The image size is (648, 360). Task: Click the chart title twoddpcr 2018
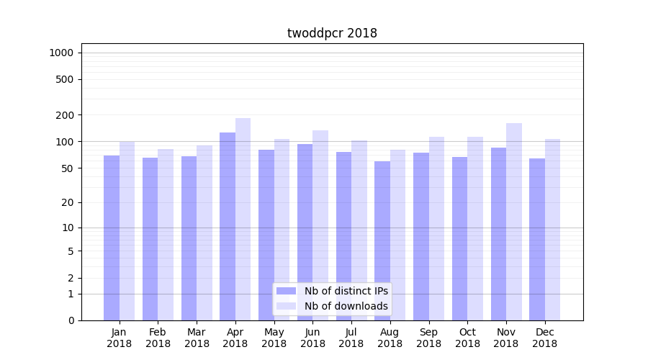(x=332, y=33)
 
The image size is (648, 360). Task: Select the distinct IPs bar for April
(x=228, y=226)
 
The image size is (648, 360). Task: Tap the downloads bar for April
(x=243, y=219)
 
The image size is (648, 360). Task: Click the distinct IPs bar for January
(x=112, y=238)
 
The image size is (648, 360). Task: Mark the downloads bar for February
(x=166, y=235)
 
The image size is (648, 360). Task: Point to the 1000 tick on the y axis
(x=60, y=53)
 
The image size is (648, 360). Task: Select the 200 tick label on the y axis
(x=63, y=115)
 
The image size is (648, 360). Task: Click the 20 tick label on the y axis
(x=66, y=202)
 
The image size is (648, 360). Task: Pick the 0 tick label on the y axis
(x=71, y=320)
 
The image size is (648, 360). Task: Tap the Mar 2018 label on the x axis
(x=197, y=338)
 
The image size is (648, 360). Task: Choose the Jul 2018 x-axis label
(x=351, y=338)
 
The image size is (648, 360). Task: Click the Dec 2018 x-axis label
(x=545, y=338)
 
